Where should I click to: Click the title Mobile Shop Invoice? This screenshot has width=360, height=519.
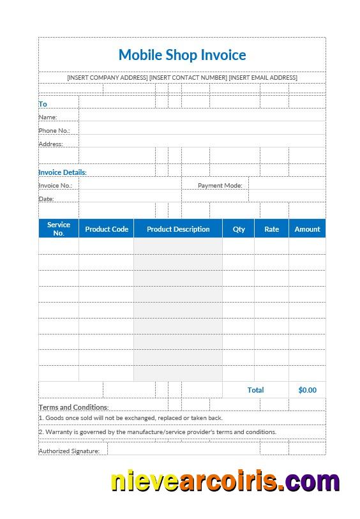[x=182, y=55]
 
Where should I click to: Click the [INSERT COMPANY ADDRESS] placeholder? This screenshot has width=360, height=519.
[x=107, y=78]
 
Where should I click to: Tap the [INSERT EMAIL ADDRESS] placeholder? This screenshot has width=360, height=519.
[x=263, y=78]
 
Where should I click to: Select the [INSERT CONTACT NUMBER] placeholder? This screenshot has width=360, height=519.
[x=188, y=78]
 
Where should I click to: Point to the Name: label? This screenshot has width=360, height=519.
[x=48, y=117]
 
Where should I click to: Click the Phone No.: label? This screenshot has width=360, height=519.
[x=54, y=131]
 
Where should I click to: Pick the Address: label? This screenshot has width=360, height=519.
[x=51, y=144]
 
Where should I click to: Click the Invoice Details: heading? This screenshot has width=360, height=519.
[x=63, y=172]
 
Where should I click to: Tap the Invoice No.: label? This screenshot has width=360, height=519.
[x=56, y=186]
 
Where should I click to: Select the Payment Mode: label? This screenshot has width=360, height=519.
[x=220, y=186]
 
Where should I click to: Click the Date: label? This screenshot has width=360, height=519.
[x=46, y=199]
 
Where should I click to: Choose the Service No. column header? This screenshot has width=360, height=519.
[x=59, y=229]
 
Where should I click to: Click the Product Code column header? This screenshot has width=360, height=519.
[x=107, y=229]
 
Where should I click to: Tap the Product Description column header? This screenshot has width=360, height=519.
[x=178, y=229]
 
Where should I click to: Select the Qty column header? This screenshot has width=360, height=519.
[x=239, y=229]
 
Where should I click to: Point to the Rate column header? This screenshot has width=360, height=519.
[x=272, y=229]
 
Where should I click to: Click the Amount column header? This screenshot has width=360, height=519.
[x=307, y=229]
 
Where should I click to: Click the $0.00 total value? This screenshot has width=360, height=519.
[x=307, y=390]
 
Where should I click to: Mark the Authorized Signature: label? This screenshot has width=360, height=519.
[x=69, y=451]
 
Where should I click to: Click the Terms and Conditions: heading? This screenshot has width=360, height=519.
[x=73, y=407]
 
